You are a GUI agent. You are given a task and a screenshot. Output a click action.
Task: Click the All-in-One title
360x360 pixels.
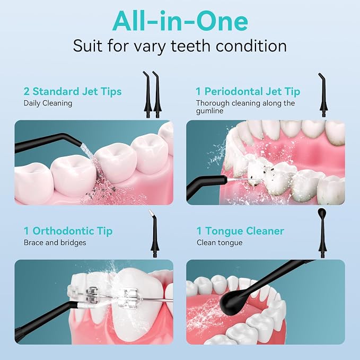coord(180,21)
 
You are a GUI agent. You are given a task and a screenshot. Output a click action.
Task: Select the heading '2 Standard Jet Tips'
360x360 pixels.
coord(73,92)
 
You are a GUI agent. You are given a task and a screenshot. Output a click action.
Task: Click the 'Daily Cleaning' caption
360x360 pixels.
coord(48,103)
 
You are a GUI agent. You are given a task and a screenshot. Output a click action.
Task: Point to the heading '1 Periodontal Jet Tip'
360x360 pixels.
coord(248,92)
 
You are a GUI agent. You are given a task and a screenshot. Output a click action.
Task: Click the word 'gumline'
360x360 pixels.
coord(209,111)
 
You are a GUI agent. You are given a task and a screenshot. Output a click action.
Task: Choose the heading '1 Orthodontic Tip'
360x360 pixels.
coord(68,231)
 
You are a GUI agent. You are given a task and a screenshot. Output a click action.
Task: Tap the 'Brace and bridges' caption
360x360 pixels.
coord(55,243)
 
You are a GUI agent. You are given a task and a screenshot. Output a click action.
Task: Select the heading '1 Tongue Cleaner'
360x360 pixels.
coord(240,231)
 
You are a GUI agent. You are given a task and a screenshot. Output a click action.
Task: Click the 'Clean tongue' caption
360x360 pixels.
coord(219,243)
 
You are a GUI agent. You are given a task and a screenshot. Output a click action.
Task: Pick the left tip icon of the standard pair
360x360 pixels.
coord(148,94)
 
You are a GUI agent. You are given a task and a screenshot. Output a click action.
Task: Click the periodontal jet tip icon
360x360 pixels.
coord(323,95)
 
